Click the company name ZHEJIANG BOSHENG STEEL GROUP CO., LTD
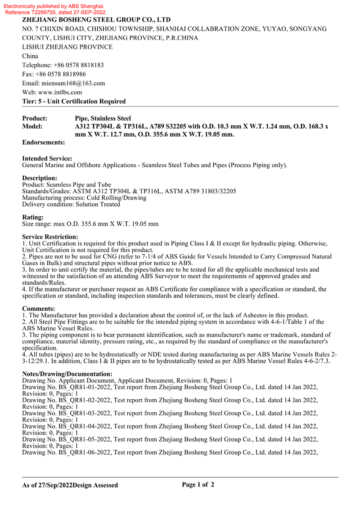click(x=96, y=20)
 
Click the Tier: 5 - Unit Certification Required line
click(x=74, y=101)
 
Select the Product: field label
click(x=35, y=119)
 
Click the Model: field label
click(x=32, y=127)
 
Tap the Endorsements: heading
click(x=44, y=143)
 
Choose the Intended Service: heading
click(x=47, y=159)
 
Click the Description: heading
click(x=40, y=179)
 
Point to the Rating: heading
click(x=33, y=217)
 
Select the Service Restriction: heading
click(x=50, y=237)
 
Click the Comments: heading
click(x=39, y=308)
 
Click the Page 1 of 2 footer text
click(x=198, y=485)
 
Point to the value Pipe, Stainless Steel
click(x=103, y=119)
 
